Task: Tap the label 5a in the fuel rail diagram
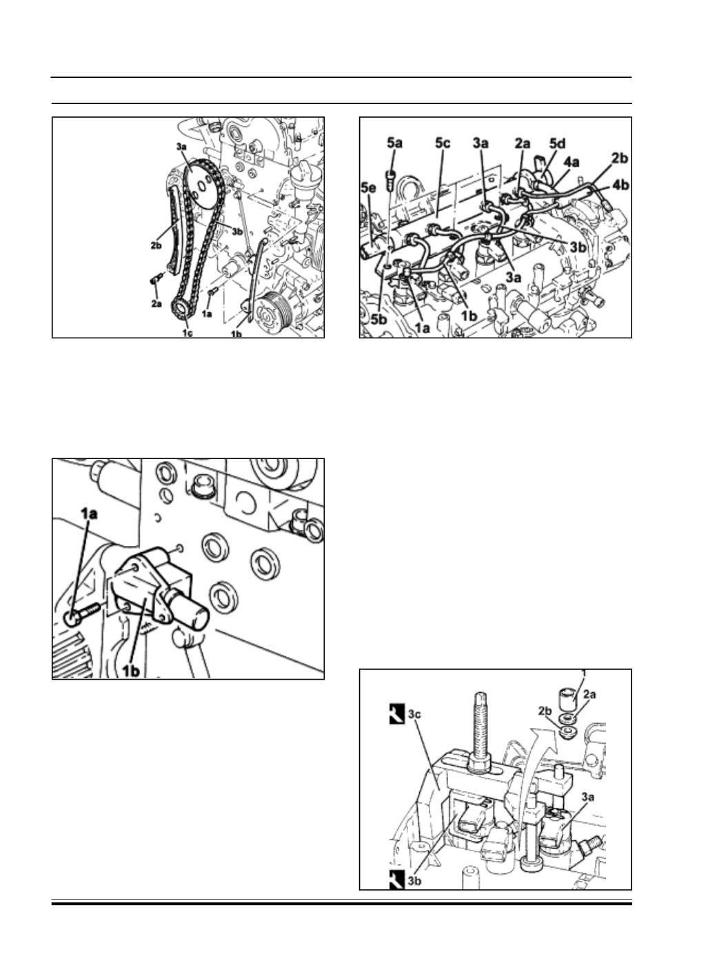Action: tap(395, 143)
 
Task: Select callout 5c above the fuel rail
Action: tap(442, 143)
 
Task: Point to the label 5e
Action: tap(370, 187)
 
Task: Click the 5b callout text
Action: tap(380, 319)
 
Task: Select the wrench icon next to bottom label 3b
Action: tap(396, 881)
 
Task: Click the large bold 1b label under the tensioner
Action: tap(132, 668)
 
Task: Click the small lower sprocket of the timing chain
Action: tap(183, 308)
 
